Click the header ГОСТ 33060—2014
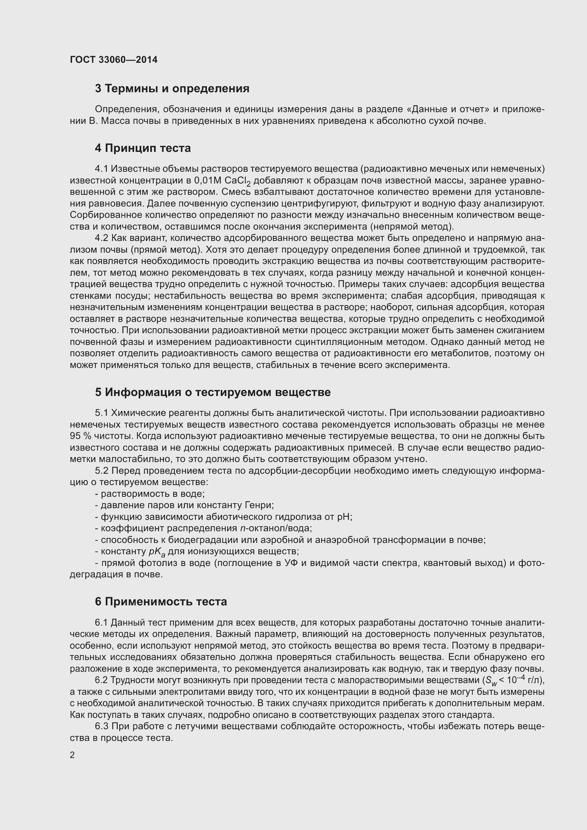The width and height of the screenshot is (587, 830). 114,60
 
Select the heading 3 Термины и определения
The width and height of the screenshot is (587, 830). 172,89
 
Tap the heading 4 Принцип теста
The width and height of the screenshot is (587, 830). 143,148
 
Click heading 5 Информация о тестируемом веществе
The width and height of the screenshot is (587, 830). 213,392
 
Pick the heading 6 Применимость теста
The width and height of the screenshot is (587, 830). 161,601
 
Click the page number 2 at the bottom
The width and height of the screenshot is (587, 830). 72,755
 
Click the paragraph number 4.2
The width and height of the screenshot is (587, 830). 102,238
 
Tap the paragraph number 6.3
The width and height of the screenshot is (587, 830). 102,726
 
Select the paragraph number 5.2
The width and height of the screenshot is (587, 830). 102,471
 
